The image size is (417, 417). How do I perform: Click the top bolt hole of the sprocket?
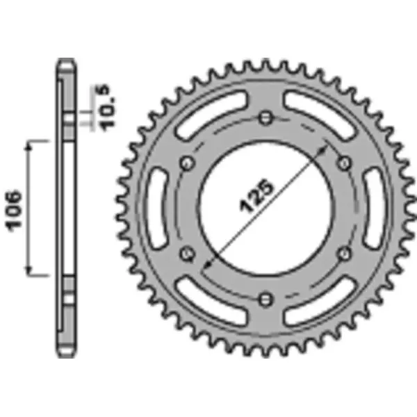point(265,116)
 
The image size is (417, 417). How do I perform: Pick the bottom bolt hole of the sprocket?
point(265,298)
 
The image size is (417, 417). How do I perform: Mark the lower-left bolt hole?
point(186,253)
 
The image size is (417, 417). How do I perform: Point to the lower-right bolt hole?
point(344,253)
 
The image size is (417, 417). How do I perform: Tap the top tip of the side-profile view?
point(66,60)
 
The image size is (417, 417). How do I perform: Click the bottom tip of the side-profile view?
point(66,356)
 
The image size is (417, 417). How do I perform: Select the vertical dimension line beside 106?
point(30,206)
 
